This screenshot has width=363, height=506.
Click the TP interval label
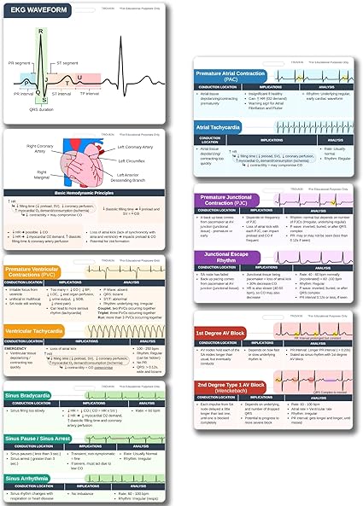point(113,94)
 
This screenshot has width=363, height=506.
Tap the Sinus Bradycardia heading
point(32,398)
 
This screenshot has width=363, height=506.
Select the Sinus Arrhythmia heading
point(32,478)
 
